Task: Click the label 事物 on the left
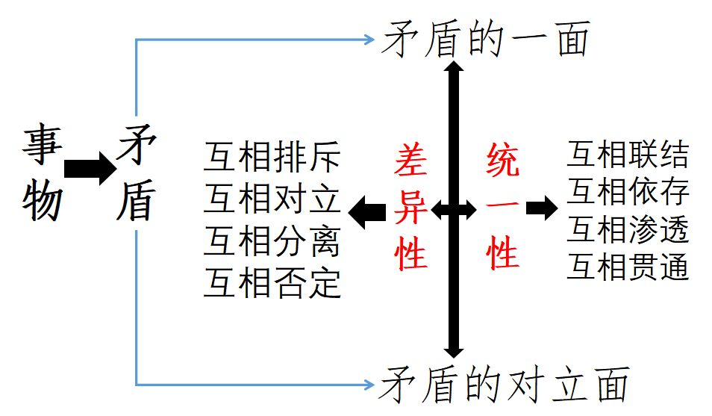point(42,173)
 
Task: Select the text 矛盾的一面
point(485,39)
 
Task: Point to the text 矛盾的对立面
point(503,385)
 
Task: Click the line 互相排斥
point(272,158)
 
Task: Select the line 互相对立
point(272,199)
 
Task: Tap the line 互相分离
point(272,241)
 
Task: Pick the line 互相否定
point(272,283)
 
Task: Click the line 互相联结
point(627,155)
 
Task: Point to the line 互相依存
point(627,192)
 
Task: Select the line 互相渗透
point(627,229)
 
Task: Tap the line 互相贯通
point(627,266)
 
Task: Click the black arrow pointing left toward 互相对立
point(367,211)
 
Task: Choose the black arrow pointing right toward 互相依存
point(541,208)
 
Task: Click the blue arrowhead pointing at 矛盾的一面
point(369,40)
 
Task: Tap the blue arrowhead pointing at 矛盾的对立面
point(369,385)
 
